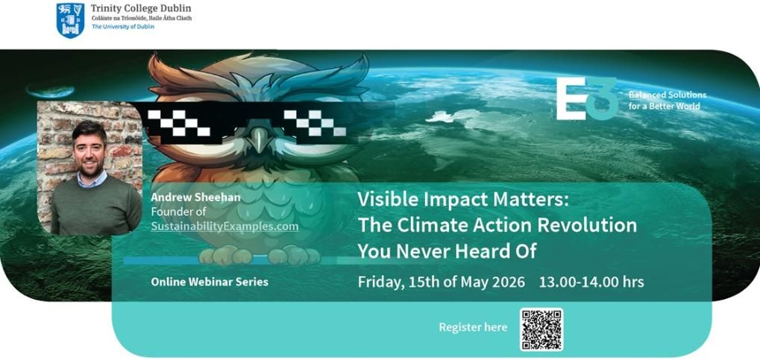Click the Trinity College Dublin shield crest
click(x=70, y=20)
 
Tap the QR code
click(x=541, y=329)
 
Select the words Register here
click(x=473, y=327)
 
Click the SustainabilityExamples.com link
click(x=224, y=227)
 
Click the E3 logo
click(x=587, y=98)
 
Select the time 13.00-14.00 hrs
click(x=591, y=282)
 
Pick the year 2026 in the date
click(x=507, y=282)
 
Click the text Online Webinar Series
click(x=210, y=282)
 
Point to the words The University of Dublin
click(x=123, y=27)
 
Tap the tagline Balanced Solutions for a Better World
click(x=667, y=101)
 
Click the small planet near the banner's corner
click(x=51, y=91)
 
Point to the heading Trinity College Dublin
click(x=140, y=8)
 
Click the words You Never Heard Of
click(x=447, y=251)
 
